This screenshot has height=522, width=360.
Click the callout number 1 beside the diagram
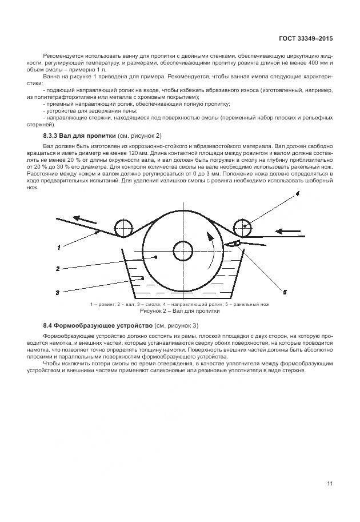[x=58, y=247]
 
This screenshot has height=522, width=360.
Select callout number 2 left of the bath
[x=58, y=268]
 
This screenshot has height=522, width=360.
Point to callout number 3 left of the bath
[x=58, y=292]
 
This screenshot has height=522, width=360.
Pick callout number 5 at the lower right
[x=284, y=292]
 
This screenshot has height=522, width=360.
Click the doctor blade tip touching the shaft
[x=227, y=244]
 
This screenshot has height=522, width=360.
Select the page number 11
[x=330, y=484]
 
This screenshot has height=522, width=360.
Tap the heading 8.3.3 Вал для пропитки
[x=81, y=136]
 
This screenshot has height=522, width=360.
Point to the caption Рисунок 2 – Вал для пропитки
[x=180, y=313]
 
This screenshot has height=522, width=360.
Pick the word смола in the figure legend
[x=150, y=305]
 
